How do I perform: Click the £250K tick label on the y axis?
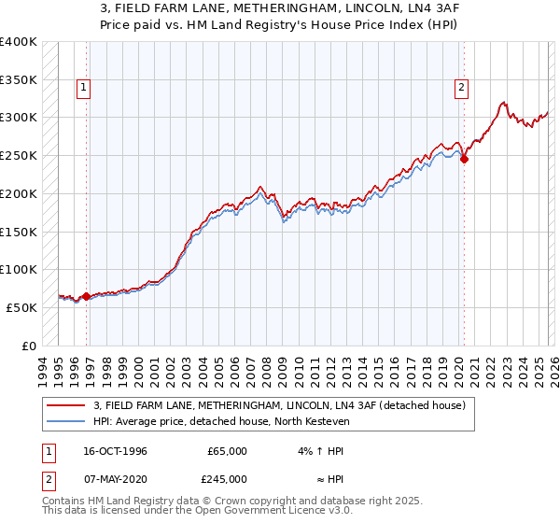tap(19, 156)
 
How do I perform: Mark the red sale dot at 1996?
tap(87, 296)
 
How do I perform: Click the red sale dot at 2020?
tap(464, 159)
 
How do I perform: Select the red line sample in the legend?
tap(66, 405)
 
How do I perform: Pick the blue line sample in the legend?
tap(66, 420)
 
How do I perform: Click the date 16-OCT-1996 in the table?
tap(115, 451)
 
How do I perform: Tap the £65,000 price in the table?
tap(227, 451)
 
